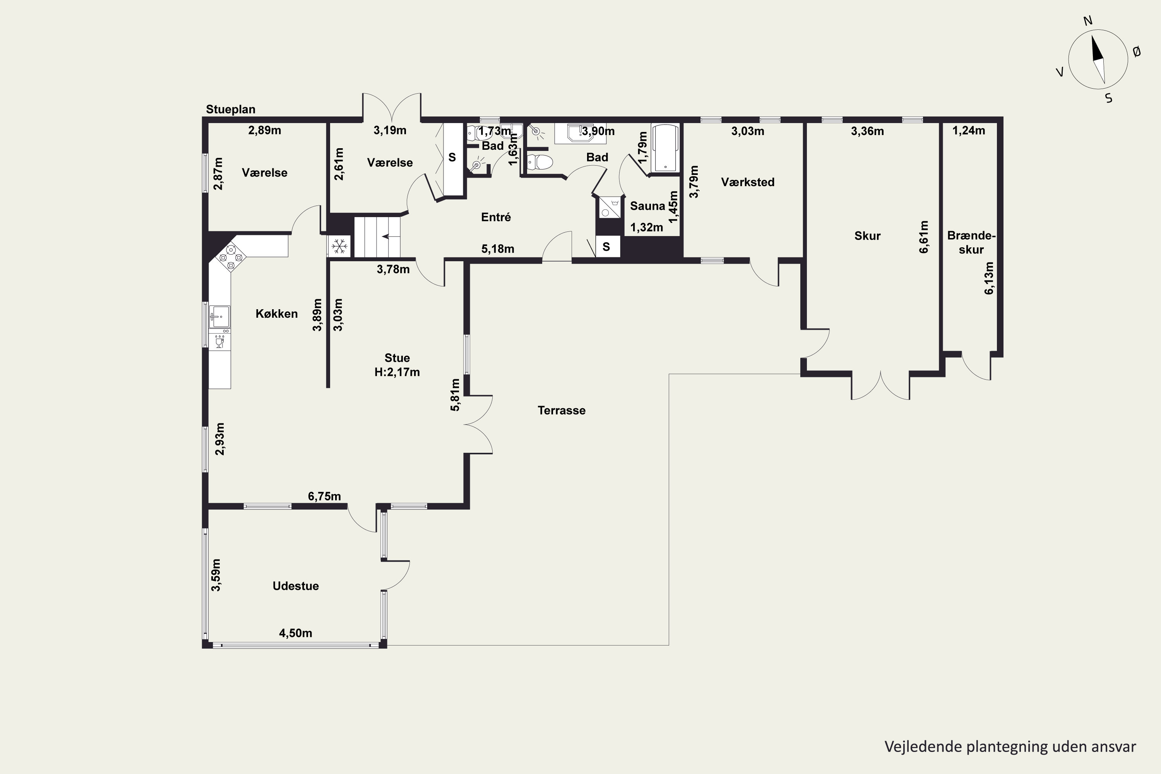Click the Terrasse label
[561, 410]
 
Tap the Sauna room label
[647, 206]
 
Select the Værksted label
[747, 182]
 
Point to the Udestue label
[296, 586]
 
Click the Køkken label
[276, 313]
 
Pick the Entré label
[496, 217]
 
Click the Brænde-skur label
[971, 242]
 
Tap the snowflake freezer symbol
[339, 246]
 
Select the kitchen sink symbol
[219, 317]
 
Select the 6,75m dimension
[324, 496]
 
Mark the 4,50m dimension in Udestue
[296, 633]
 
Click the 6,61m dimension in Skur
[923, 237]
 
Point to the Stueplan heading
[231, 109]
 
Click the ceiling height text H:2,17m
[397, 372]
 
